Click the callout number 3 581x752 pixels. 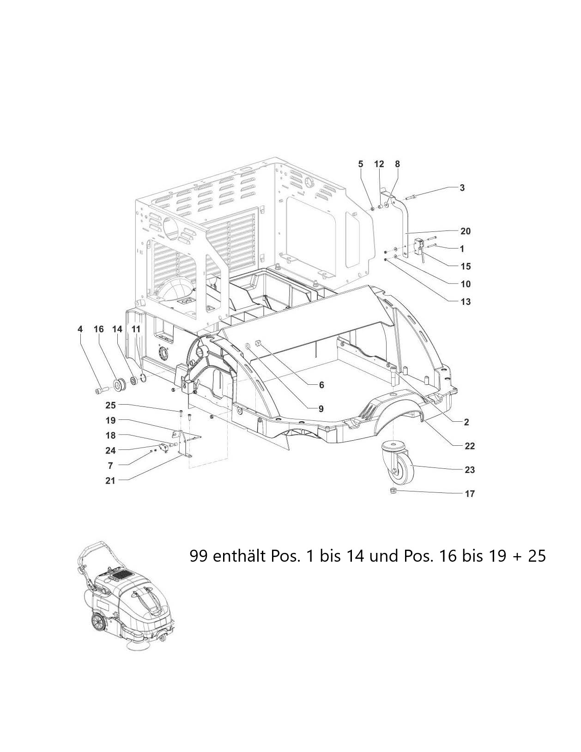[x=462, y=188]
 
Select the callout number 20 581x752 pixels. [x=465, y=231]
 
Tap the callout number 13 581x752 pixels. [x=466, y=302]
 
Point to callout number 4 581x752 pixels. [x=80, y=329]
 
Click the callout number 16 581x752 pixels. [x=99, y=329]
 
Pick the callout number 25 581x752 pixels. [x=110, y=406]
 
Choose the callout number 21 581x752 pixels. [x=110, y=480]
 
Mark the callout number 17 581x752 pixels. [x=470, y=494]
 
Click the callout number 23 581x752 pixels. [x=470, y=470]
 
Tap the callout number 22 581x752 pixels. [x=470, y=446]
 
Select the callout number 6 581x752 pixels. [x=321, y=385]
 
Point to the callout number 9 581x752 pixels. [x=321, y=409]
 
